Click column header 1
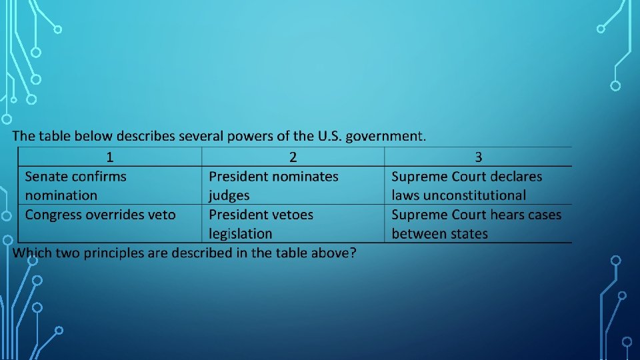[x=109, y=157]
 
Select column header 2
[x=293, y=157]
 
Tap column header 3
[x=478, y=157]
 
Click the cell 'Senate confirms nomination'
[x=75, y=186]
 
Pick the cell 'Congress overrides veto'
[x=100, y=215]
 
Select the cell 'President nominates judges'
[x=273, y=186]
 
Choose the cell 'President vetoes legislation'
[x=261, y=224]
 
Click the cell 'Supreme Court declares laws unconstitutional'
[x=467, y=186]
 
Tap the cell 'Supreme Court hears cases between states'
[x=476, y=224]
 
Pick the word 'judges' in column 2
[x=229, y=196]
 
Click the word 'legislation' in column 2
[x=240, y=234]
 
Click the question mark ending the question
[x=353, y=253]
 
